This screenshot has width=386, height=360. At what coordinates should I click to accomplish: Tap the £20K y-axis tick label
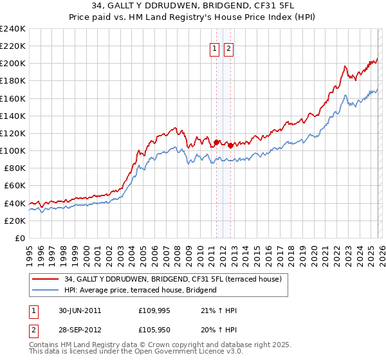pyautogui.click(x=15, y=221)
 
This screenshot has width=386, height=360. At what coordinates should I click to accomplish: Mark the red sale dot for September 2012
pyautogui.click(x=230, y=145)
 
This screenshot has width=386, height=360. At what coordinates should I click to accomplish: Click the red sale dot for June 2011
pyautogui.click(x=216, y=142)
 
